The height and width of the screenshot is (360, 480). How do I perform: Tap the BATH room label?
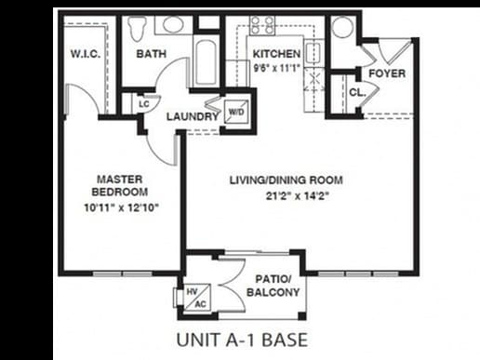(152, 54)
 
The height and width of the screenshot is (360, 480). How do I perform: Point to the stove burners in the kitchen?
(261, 25)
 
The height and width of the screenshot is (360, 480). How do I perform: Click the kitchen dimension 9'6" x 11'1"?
(276, 67)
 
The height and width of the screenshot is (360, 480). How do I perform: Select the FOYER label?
(386, 73)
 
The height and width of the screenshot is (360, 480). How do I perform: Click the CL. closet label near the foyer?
(356, 92)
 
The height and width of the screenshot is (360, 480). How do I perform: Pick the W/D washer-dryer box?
(236, 112)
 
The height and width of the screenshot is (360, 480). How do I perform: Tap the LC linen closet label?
(145, 103)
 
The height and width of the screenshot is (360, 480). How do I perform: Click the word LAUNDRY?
(193, 117)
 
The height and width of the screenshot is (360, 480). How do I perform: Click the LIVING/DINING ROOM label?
(287, 180)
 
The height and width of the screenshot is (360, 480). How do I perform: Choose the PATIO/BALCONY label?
(273, 285)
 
